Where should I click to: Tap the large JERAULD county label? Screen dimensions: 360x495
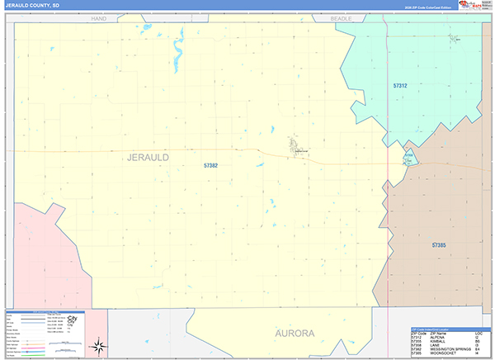pos(148,157)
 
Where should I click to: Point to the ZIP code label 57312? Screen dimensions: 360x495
pos(400,85)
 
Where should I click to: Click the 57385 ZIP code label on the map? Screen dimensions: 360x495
pos(439,245)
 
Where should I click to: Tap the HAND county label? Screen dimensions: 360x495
pos(100,17)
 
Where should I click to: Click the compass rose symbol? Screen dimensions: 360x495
pos(99,345)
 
